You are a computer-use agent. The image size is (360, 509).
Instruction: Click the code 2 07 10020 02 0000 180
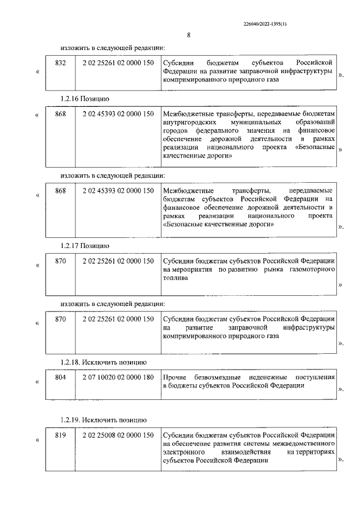(x=117, y=377)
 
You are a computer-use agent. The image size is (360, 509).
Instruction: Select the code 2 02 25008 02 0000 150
(x=117, y=435)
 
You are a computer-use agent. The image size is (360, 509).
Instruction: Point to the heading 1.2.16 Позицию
(x=85, y=98)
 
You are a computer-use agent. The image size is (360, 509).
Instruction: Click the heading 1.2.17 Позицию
(x=85, y=246)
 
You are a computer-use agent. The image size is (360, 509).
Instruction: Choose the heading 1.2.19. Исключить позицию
(x=103, y=420)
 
